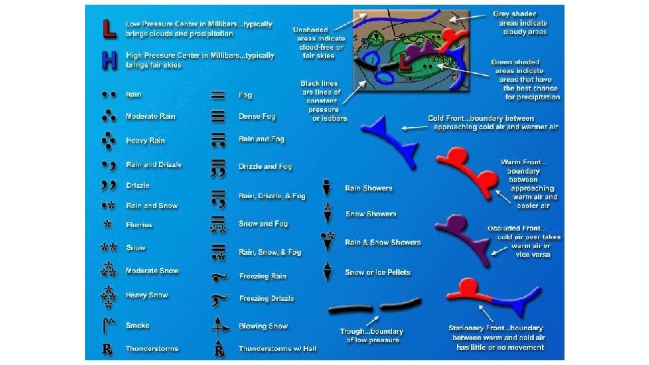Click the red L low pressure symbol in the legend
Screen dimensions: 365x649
coord(107,28)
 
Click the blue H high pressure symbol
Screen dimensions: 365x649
coord(107,61)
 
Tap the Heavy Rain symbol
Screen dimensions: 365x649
coord(107,141)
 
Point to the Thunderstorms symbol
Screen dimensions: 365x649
coord(107,349)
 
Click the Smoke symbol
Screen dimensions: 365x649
coord(107,326)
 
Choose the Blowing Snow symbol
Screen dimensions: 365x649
coord(218,326)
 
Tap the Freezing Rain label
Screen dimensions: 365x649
coord(263,276)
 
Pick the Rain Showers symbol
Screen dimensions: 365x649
coord(327,187)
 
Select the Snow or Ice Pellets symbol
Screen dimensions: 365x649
coord(327,272)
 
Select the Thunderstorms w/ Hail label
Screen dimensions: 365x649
coord(277,349)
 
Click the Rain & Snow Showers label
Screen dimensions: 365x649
coord(383,242)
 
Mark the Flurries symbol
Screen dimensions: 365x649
coord(107,224)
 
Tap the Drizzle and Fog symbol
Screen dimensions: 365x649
coord(218,166)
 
